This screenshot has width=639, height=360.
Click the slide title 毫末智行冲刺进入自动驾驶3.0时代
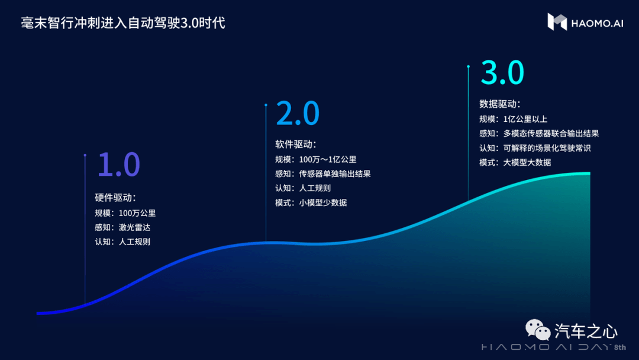point(122,23)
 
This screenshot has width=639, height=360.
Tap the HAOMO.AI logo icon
point(557,21)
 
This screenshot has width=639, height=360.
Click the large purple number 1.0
point(118,164)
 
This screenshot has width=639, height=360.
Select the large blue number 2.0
point(298,113)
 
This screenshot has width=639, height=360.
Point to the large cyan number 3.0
point(502,73)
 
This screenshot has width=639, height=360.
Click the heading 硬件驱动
point(115,198)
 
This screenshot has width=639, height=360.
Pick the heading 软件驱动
point(296,144)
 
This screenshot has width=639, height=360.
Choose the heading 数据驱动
point(500,104)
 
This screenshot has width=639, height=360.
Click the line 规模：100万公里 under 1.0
point(125,213)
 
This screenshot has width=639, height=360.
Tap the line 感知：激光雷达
point(122,227)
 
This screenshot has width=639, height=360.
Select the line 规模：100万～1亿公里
point(316,159)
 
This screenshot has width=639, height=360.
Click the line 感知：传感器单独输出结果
point(323,173)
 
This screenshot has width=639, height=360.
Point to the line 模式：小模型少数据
point(311,202)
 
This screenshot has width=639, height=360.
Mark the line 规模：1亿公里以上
point(513,119)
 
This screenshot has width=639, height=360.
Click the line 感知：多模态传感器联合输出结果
point(539,133)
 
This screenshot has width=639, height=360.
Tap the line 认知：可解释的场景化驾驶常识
point(535,148)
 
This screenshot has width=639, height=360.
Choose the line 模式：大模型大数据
point(515,162)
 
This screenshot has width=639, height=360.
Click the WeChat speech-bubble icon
point(538,330)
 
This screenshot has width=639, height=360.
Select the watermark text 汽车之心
point(586,332)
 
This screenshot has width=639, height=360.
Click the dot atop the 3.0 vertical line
point(468,66)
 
